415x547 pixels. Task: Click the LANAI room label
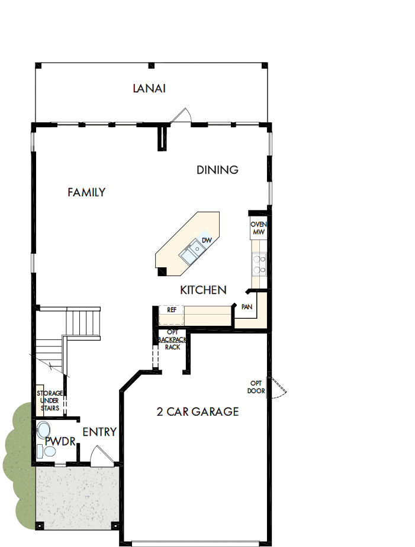149,89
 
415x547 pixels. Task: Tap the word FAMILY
86,192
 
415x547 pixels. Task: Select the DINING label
217,170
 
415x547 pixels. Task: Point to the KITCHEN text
203,290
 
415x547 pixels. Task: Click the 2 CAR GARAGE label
198,412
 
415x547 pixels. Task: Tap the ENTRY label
99,432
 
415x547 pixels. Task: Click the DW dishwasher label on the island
207,240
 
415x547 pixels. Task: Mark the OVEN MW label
259,229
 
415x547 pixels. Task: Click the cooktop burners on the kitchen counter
259,264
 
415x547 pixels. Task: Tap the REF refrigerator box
172,309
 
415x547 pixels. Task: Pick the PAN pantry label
247,307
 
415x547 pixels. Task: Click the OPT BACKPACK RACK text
172,340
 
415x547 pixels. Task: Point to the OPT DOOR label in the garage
257,387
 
